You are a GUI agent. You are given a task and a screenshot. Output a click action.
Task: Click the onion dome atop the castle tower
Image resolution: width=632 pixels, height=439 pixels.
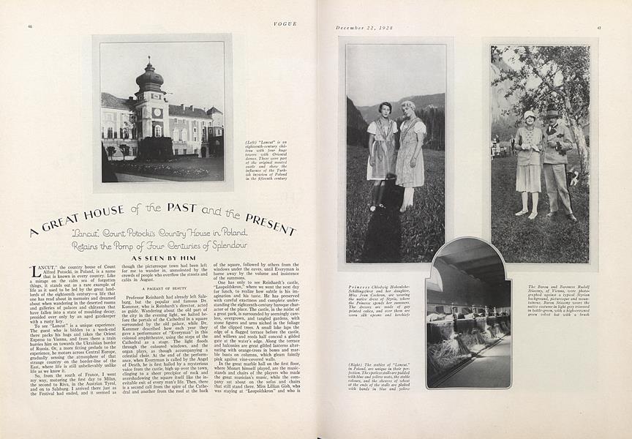(x=149, y=75)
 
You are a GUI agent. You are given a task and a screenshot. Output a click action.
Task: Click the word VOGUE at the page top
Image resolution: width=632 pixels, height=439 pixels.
(x=284, y=24)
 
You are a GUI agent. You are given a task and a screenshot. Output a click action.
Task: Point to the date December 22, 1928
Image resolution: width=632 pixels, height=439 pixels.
(x=365, y=28)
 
